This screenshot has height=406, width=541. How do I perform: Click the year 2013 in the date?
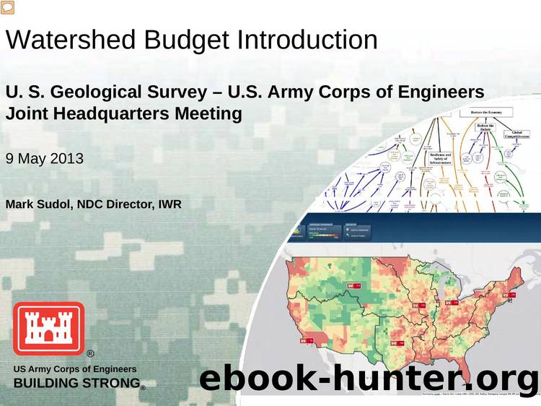68,157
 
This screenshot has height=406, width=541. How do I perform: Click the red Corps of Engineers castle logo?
48,328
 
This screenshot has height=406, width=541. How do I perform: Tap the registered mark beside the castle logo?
90,354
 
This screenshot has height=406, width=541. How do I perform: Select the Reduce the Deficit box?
485,129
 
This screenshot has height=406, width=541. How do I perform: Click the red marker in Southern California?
311,337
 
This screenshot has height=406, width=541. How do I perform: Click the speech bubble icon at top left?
8,8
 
